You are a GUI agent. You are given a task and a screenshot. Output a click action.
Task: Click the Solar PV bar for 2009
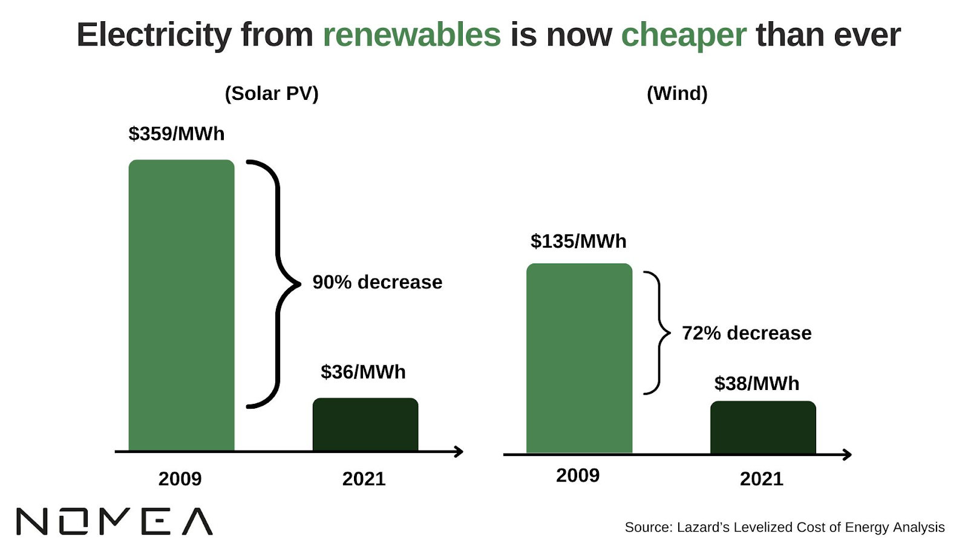(x=181, y=305)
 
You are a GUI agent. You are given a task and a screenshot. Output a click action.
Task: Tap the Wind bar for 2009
(x=579, y=358)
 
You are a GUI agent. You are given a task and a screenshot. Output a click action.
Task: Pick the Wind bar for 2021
(x=763, y=427)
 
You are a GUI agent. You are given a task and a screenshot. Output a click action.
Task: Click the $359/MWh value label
(x=176, y=134)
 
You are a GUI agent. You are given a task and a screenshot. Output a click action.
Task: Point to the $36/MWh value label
(x=363, y=372)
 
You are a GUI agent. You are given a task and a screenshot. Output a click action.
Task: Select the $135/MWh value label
(x=578, y=241)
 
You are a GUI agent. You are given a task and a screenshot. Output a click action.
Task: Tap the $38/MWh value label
(x=757, y=383)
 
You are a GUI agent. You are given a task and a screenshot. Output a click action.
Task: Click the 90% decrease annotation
(x=378, y=282)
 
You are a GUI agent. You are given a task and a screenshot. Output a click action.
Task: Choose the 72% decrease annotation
(x=747, y=333)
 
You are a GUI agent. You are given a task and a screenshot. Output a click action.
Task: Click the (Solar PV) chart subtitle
(x=272, y=93)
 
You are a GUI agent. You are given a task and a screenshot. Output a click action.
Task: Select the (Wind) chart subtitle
(x=677, y=93)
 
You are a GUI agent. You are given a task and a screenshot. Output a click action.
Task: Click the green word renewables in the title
(x=411, y=35)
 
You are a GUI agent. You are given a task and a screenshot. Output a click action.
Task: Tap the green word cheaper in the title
(x=684, y=35)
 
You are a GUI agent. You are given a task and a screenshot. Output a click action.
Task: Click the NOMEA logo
(x=114, y=521)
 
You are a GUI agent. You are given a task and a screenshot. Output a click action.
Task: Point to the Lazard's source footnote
(x=785, y=527)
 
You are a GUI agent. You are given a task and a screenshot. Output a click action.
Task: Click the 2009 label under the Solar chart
(x=180, y=479)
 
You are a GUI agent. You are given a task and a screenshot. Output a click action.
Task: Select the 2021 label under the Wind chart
(x=762, y=479)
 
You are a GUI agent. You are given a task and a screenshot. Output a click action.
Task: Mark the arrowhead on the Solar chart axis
(x=459, y=452)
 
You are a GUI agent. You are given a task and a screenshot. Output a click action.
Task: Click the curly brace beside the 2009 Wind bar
(x=658, y=333)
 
